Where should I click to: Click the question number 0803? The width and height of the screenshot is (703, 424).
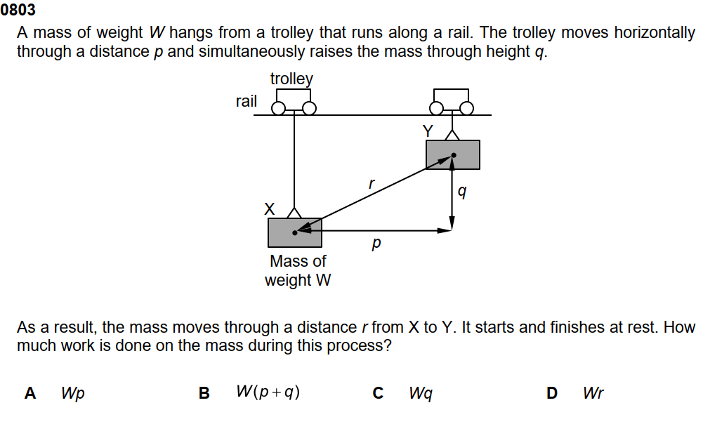(18, 10)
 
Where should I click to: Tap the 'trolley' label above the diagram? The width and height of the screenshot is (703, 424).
(291, 79)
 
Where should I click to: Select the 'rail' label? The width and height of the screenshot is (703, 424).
(246, 101)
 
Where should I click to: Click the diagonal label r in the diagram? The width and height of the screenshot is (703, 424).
(372, 184)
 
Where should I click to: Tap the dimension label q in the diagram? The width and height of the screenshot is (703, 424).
(461, 191)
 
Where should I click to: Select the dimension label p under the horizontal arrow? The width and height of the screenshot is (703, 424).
(376, 244)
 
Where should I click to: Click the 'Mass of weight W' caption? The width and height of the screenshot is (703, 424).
(298, 270)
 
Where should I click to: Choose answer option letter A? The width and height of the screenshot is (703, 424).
(30, 393)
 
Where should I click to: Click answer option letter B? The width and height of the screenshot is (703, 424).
(204, 393)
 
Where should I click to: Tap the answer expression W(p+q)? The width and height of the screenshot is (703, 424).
(268, 392)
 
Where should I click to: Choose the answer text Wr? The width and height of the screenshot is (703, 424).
(593, 393)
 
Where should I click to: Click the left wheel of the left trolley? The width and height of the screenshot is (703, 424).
(278, 108)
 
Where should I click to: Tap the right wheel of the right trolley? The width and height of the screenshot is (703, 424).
(467, 108)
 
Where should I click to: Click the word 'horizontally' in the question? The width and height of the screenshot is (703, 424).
(655, 33)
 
